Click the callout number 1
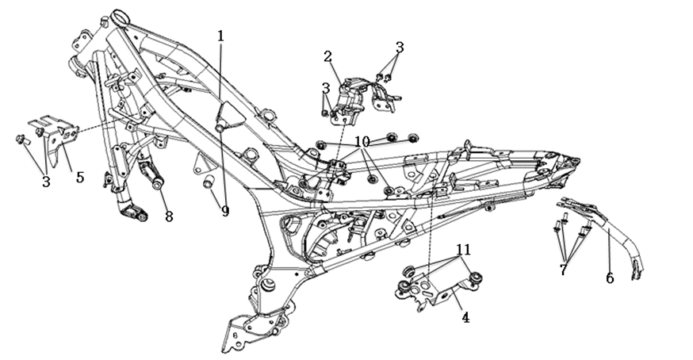pos(220,36)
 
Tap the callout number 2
pos(327,56)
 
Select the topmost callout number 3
pos(399,48)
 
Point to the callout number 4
pos(465,317)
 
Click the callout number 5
pos(80,178)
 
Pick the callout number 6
pos(610,278)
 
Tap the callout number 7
pos(563,270)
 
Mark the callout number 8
pos(169,216)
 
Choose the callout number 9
pos(225,212)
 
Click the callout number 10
pos(362,142)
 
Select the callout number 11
pos(464,250)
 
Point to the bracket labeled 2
pos(354,99)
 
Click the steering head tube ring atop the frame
pos(121,18)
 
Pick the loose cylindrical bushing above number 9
pos(209,182)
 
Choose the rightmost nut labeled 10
pos(413,139)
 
